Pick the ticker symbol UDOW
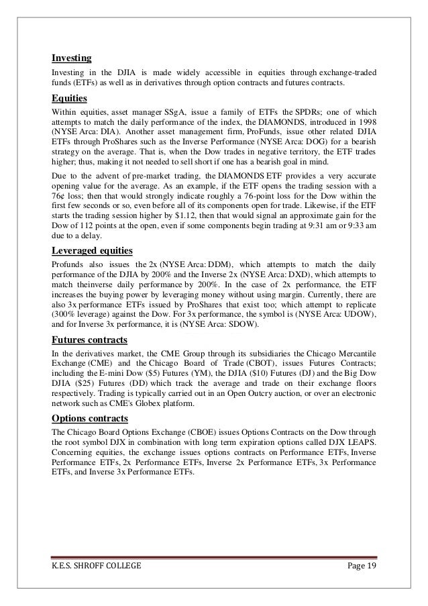click(x=359, y=314)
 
